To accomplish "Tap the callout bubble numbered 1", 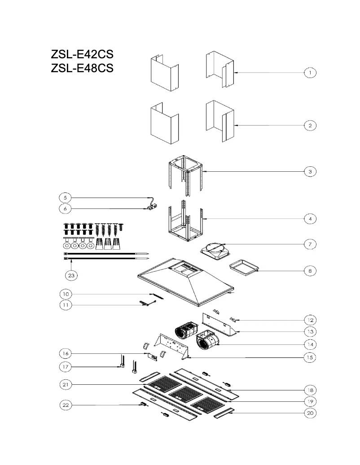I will click(x=310, y=72).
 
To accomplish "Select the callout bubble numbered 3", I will click(x=310, y=171).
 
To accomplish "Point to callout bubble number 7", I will click(x=310, y=244).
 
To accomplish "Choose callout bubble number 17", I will click(x=66, y=367).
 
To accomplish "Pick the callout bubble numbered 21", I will click(x=66, y=384).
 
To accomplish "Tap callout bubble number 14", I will click(x=310, y=344).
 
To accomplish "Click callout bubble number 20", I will click(x=310, y=413).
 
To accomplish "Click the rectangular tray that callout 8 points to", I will click(x=244, y=267).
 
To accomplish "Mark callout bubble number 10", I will click(x=66, y=294).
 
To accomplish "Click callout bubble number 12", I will click(x=310, y=320).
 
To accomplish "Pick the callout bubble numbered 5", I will click(x=66, y=197).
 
